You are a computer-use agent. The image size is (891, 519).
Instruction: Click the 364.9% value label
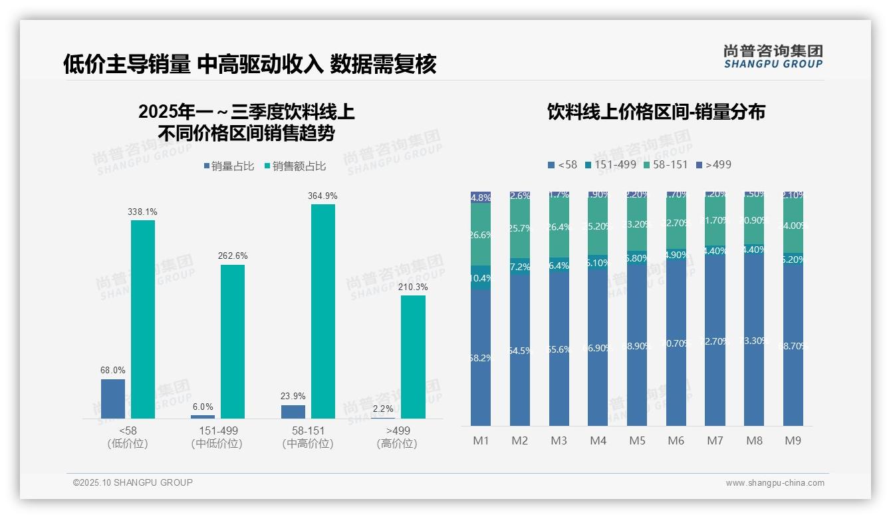pyautogui.click(x=322, y=196)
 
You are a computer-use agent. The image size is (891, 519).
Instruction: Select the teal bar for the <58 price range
pyautogui.click(x=143, y=319)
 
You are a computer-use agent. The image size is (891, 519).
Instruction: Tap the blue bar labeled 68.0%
pyautogui.click(x=113, y=399)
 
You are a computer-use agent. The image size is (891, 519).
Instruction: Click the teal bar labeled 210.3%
pyautogui.click(x=413, y=357)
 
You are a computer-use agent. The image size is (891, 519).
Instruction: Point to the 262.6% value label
pyautogui.click(x=233, y=256)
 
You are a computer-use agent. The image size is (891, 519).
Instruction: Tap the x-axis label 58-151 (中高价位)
pyautogui.click(x=307, y=437)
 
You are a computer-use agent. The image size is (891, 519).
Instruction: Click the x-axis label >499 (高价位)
pyautogui.click(x=397, y=437)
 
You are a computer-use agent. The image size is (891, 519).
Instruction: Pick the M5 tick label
pyautogui.click(x=637, y=440)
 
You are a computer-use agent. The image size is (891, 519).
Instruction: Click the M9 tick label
pyautogui.click(x=793, y=440)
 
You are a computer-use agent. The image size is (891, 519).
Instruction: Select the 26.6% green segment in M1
pyautogui.click(x=481, y=234)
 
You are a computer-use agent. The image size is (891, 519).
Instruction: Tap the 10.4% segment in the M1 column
pyautogui.click(x=481, y=277)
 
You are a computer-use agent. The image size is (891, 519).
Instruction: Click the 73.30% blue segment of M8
pyautogui.click(x=754, y=341)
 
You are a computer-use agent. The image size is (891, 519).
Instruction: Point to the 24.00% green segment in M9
pyautogui.click(x=793, y=226)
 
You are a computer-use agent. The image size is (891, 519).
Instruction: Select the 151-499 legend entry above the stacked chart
pyautogui.click(x=610, y=164)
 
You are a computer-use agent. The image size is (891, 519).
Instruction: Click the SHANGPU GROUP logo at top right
pyautogui.click(x=773, y=56)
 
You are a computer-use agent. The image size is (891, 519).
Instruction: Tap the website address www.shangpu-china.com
pyautogui.click(x=775, y=483)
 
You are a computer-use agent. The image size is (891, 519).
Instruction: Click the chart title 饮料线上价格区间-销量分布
pyautogui.click(x=656, y=112)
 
